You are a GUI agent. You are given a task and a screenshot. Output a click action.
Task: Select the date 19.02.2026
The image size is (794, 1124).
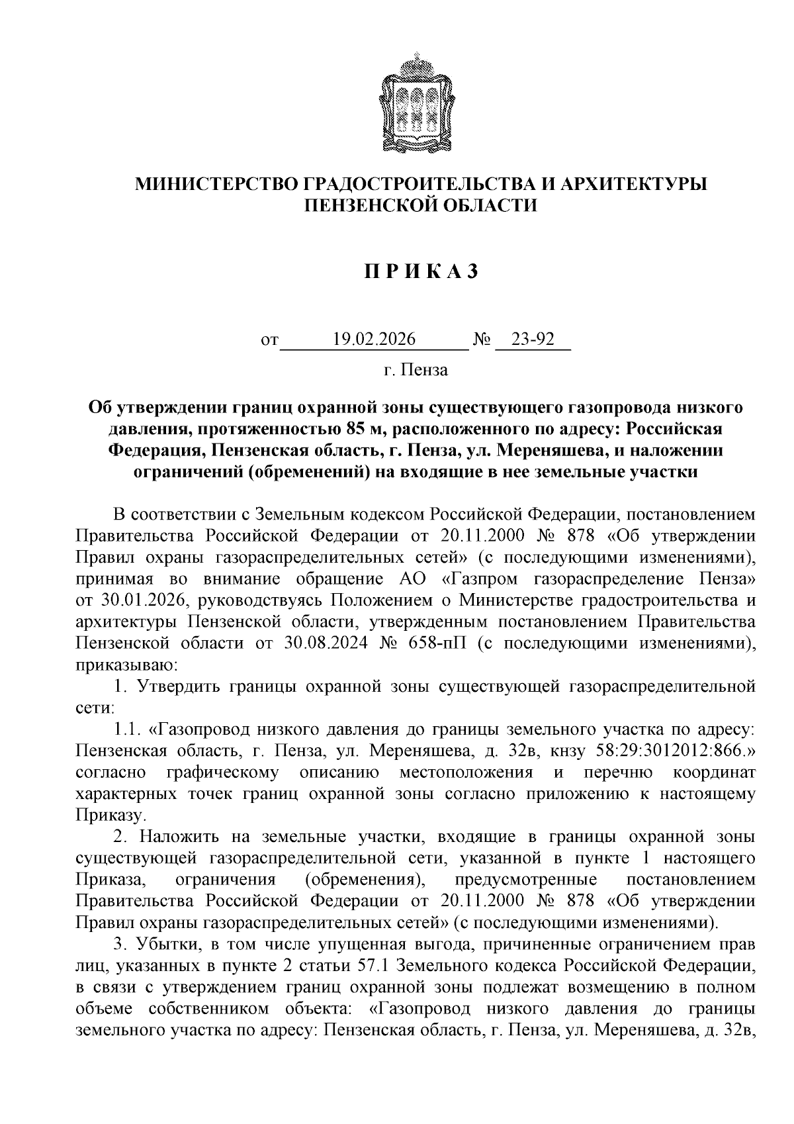[374, 340]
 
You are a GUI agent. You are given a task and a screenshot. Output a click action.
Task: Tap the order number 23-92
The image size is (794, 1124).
[533, 340]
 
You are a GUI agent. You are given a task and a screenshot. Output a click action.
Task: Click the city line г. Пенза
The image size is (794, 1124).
[416, 370]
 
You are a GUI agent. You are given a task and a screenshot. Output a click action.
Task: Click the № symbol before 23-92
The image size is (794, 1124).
[481, 340]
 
